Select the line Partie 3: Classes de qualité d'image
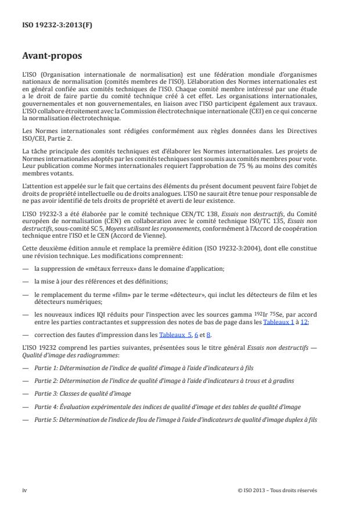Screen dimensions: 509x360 coord(82,393)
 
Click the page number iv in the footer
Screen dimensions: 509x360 coord(25,490)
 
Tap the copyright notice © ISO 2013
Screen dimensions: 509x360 coord(256,490)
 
